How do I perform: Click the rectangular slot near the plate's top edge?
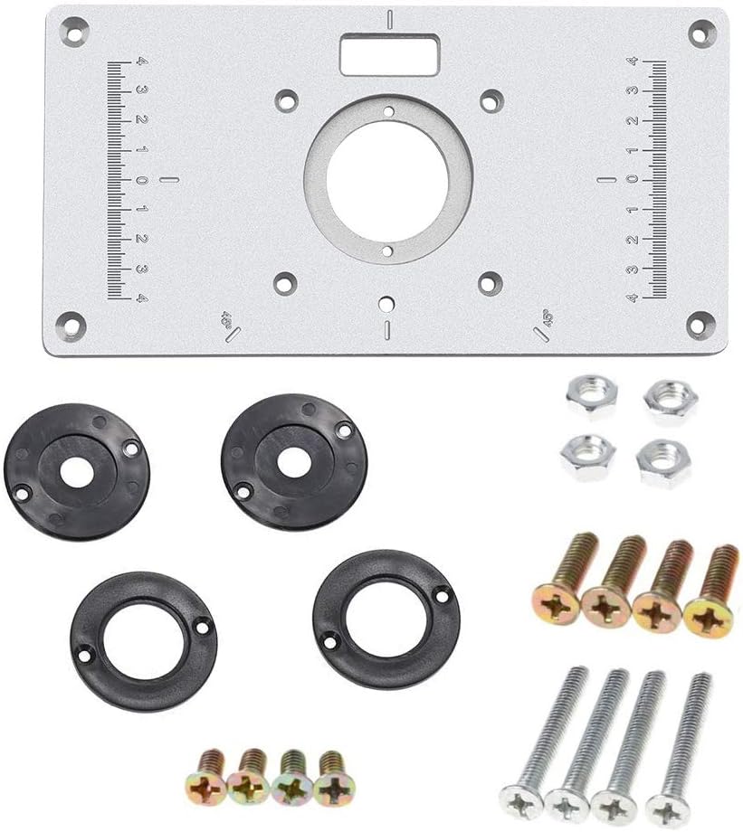[386, 56]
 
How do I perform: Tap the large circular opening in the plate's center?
[386, 178]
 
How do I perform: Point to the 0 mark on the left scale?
[142, 180]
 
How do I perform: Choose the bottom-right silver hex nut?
[663, 461]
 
